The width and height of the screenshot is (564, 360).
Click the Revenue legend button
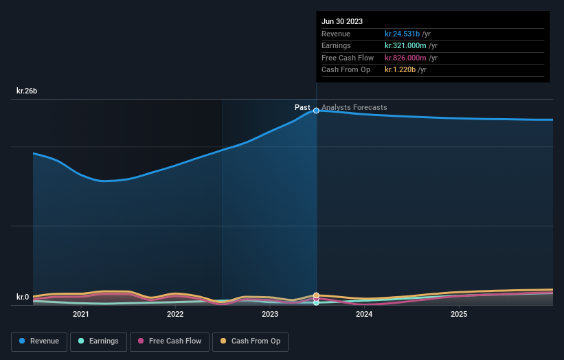[x=39, y=341]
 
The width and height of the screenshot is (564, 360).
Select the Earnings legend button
[x=99, y=341]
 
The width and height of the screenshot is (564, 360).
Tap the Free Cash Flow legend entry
[x=170, y=341]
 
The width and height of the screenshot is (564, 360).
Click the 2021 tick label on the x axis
[x=81, y=315]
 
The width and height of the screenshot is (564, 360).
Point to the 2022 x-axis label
[x=175, y=315]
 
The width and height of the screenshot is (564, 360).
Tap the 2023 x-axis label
[x=270, y=315]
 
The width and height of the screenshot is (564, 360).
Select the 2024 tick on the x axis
[x=364, y=315]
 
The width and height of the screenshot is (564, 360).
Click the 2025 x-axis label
[x=459, y=315]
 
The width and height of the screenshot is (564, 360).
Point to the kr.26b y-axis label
[x=27, y=91]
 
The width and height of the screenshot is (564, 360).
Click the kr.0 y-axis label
[x=23, y=297]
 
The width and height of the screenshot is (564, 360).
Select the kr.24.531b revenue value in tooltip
[x=402, y=34]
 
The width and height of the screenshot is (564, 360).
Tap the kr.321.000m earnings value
[x=405, y=46]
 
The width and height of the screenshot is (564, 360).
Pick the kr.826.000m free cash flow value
[x=405, y=58]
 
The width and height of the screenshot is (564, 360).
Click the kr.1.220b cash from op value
[x=400, y=70]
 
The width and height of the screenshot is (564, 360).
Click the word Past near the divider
[x=302, y=107]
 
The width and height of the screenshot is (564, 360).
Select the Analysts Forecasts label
[x=354, y=107]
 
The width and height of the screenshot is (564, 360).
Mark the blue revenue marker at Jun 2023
[x=316, y=110]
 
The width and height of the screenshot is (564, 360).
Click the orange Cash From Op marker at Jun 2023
[x=316, y=295]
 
